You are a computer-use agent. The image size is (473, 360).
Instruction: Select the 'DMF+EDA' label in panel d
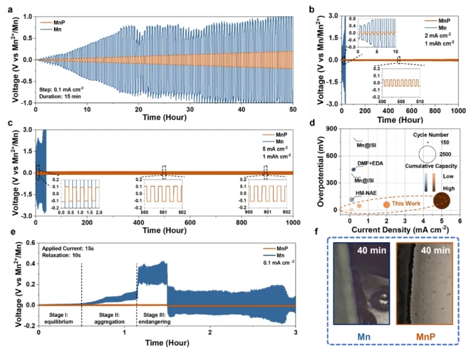(371, 164)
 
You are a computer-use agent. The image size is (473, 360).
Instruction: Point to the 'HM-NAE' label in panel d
(368, 192)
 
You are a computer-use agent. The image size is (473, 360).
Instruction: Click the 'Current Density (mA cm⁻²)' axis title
(397, 230)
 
